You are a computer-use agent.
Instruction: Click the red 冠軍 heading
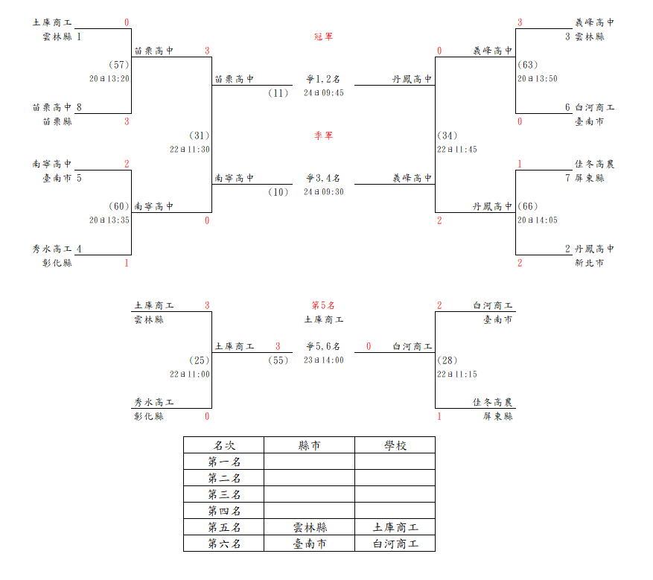pyautogui.click(x=324, y=36)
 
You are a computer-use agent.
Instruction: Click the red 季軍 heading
pyautogui.click(x=324, y=136)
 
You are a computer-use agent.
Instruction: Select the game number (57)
pyautogui.click(x=118, y=65)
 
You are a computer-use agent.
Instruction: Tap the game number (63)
pyautogui.click(x=528, y=65)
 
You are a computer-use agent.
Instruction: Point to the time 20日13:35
pyautogui.click(x=109, y=220)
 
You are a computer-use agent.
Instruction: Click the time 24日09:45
pyautogui.click(x=324, y=93)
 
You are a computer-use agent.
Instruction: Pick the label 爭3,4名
pyautogui.click(x=323, y=178)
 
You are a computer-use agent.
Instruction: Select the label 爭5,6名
pyautogui.click(x=323, y=346)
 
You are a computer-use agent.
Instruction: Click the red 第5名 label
pyautogui.click(x=323, y=305)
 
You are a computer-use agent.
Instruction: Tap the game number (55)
pyautogui.click(x=278, y=360)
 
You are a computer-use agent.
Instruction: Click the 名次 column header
pyautogui.click(x=224, y=445)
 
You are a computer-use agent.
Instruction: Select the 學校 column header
pyautogui.click(x=395, y=445)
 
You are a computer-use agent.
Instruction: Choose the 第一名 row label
pyautogui.click(x=224, y=462)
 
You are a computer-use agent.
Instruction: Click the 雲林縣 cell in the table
pyautogui.click(x=310, y=527)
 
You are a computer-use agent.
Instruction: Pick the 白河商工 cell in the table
pyautogui.click(x=395, y=544)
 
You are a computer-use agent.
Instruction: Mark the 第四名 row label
pyautogui.click(x=224, y=511)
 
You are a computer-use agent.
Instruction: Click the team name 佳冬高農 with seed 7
pyautogui.click(x=594, y=164)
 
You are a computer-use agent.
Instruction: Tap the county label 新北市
pyautogui.click(x=589, y=263)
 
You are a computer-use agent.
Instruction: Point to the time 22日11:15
pyautogui.click(x=457, y=375)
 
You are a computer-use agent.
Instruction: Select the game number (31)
pyautogui.click(x=199, y=136)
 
